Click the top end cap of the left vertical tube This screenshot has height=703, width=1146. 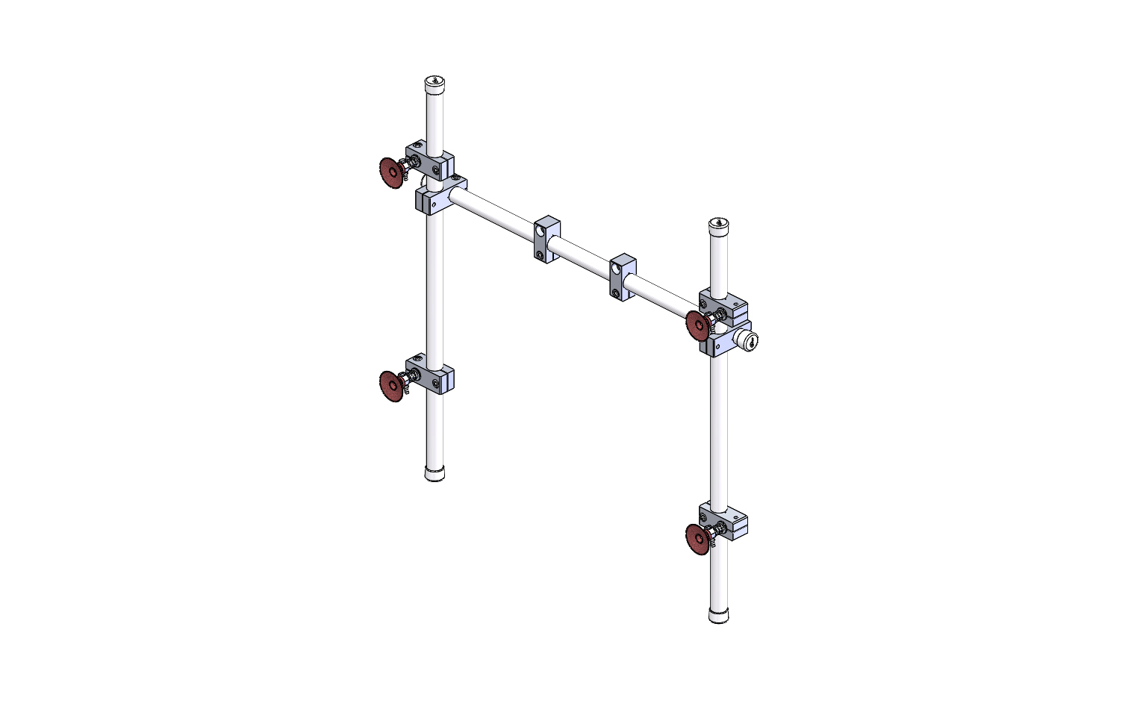pyautogui.click(x=435, y=81)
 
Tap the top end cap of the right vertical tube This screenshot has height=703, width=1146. pyautogui.click(x=718, y=224)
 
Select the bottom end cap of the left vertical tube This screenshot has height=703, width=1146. pyautogui.click(x=434, y=473)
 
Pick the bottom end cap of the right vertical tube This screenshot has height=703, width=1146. pyautogui.click(x=718, y=616)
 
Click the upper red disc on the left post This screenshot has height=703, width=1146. pyautogui.click(x=390, y=172)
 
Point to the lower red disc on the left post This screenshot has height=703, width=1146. pyautogui.click(x=390, y=386)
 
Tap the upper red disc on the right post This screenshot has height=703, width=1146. pyautogui.click(x=697, y=326)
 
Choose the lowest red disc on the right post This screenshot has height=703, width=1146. pyautogui.click(x=697, y=539)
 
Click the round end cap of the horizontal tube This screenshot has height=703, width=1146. pyautogui.click(x=749, y=341)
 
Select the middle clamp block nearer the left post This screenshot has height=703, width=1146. pyautogui.click(x=546, y=239)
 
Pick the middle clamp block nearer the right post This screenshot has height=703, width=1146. pyautogui.click(x=622, y=277)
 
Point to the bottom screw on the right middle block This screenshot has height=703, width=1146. pyautogui.click(x=616, y=293)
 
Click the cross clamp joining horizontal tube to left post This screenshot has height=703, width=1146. pyautogui.click(x=439, y=196)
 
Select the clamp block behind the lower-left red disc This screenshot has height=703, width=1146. pyautogui.click(x=433, y=378)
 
